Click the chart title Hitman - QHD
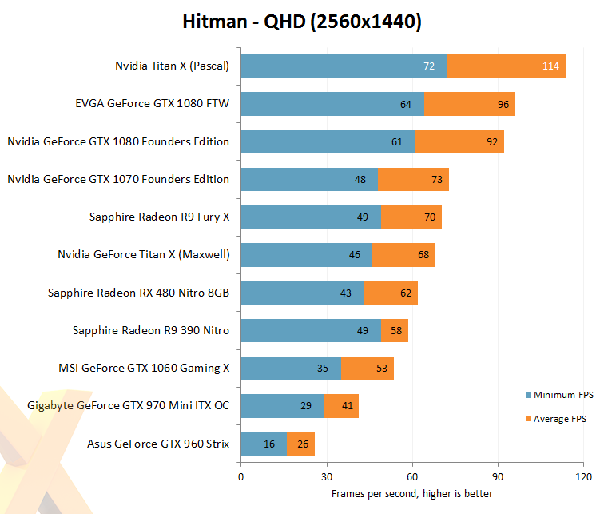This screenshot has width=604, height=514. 302,22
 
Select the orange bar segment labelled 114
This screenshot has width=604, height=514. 506,66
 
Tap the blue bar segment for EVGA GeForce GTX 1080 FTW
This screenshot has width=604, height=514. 332,104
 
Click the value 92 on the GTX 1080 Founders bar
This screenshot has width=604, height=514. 491,141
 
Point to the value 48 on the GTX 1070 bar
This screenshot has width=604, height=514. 360,179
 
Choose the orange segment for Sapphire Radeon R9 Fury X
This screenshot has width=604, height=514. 411,217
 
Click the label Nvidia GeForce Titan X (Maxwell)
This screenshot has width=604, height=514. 144,255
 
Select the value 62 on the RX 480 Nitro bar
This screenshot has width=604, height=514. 406,293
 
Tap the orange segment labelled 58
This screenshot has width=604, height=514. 395,330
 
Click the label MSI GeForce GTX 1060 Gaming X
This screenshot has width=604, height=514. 144,368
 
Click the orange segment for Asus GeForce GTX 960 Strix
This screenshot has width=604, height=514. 300,443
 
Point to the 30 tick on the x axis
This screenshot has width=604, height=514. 327,477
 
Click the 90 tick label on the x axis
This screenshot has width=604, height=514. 499,477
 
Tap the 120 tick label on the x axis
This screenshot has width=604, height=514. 584,477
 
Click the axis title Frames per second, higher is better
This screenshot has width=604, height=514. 412,493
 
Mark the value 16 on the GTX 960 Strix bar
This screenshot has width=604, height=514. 270,443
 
